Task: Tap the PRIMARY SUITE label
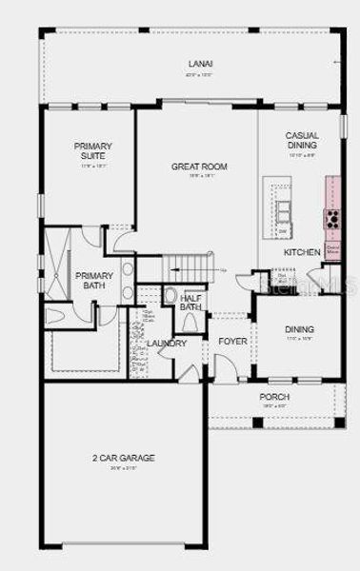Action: pos(93,150)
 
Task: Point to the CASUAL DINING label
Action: pos(302,140)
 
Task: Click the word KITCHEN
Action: pos(302,252)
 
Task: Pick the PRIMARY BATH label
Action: pos(94,281)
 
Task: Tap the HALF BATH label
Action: pos(192,302)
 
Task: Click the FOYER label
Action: pos(233,340)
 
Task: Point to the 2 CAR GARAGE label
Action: pos(124,458)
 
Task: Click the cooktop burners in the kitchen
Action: pos(333,219)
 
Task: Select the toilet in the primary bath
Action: pos(56,315)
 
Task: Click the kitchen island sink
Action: pos(283,209)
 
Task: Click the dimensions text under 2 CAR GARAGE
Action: pos(124,468)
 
